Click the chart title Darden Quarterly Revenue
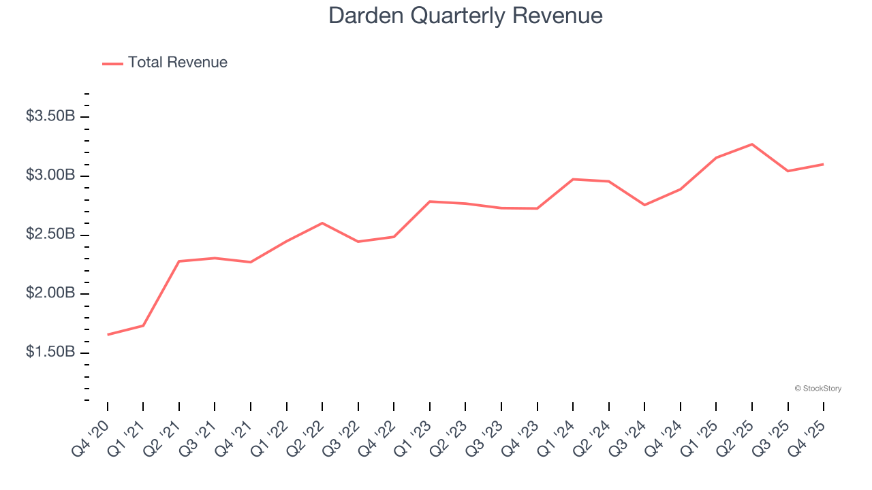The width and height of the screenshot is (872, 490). [x=465, y=16]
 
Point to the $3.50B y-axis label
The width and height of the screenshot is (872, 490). [x=50, y=116]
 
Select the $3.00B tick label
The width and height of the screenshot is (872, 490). [x=50, y=176]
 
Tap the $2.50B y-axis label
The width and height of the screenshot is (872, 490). [x=50, y=235]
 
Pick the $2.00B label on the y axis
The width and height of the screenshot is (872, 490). [x=50, y=294]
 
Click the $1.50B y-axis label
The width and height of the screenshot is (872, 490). [x=50, y=353]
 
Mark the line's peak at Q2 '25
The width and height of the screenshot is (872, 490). [x=752, y=144]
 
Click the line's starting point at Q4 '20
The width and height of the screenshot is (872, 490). [x=108, y=335]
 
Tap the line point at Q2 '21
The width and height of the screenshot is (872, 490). [x=179, y=261]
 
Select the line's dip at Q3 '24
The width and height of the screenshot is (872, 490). [x=644, y=205]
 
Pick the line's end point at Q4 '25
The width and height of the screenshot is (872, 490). [x=824, y=164]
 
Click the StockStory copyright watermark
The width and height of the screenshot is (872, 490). [x=818, y=389]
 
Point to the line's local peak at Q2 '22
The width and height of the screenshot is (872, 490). [x=322, y=223]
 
